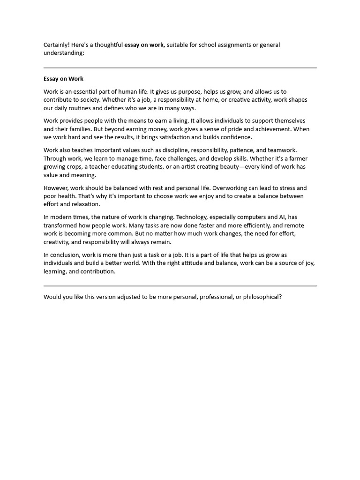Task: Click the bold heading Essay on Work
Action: click(x=63, y=79)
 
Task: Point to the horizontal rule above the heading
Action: click(x=180, y=68)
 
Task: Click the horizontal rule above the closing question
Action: click(x=180, y=285)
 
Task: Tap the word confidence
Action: click(x=236, y=137)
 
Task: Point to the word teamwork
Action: click(x=281, y=150)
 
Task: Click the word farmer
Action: click(x=296, y=158)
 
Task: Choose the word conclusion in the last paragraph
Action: click(x=66, y=255)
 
